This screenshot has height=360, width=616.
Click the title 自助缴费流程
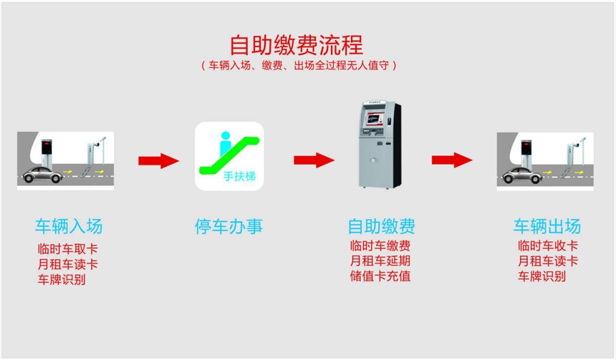[296, 44]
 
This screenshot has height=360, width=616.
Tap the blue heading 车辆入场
[69, 227]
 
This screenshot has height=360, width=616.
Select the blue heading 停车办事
[229, 227]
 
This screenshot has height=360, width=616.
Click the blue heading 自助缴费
[380, 227]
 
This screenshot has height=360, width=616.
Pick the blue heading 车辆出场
[547, 227]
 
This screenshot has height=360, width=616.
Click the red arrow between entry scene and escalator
[158, 160]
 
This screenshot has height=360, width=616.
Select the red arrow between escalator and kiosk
[314, 160]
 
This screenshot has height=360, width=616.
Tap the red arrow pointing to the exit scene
[452, 160]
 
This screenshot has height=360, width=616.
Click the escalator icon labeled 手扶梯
[230, 157]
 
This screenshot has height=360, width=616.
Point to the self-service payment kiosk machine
[379, 151]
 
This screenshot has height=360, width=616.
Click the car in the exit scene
[521, 175]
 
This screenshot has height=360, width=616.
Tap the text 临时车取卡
[68, 250]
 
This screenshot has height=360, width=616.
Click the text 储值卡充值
[380, 276]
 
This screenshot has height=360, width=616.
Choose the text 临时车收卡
[547, 246]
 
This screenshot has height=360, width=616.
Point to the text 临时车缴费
[380, 246]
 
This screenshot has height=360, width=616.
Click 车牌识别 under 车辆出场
[541, 277]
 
